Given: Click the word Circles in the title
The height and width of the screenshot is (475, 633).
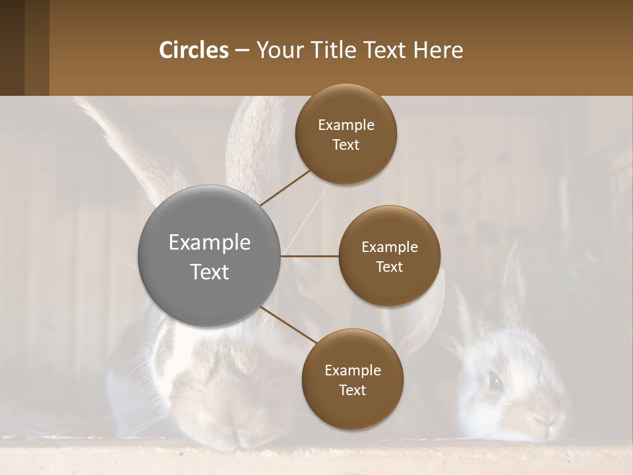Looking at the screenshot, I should (193, 50).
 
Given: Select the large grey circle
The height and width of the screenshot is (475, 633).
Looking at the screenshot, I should (210, 257).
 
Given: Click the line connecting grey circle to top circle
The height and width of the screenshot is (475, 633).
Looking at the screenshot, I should (286, 187).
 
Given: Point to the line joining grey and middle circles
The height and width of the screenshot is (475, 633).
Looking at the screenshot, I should (310, 256).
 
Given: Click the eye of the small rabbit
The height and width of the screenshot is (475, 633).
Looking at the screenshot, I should (493, 380).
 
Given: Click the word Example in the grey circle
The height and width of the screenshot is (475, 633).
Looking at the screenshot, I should (210, 243).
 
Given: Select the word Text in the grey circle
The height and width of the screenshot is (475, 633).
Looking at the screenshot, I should (210, 272).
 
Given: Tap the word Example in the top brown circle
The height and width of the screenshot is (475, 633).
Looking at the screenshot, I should (346, 125).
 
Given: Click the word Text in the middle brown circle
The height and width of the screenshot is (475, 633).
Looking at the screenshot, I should (389, 267).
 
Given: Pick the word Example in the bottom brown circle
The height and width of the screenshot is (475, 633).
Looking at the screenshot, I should (353, 371).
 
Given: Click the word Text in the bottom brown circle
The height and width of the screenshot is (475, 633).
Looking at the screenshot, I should (352, 391).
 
